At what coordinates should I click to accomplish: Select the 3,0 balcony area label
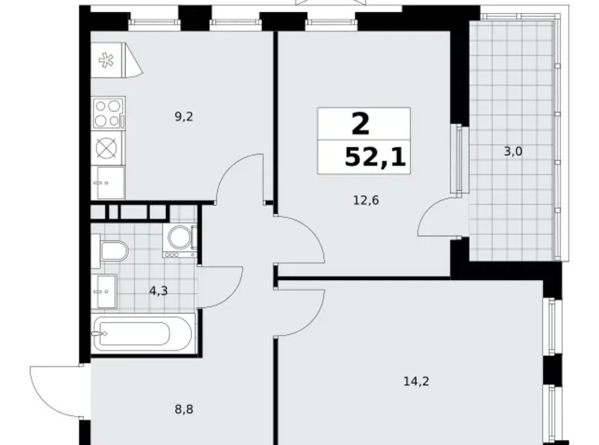tap(512, 151)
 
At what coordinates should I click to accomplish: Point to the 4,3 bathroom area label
tap(158, 291)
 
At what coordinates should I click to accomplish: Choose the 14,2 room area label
tap(415, 379)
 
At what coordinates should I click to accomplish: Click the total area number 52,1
tap(376, 159)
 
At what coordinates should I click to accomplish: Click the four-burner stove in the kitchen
tap(108, 112)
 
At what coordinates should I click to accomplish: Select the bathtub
tap(141, 335)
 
